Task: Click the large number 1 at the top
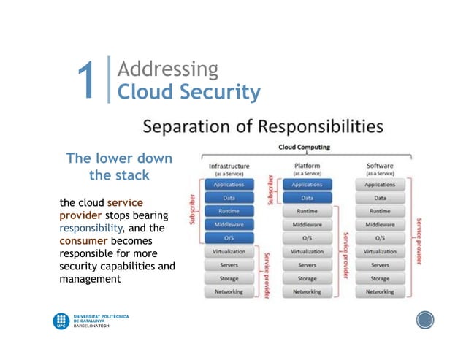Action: pos(87,81)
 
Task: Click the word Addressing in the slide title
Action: pos(167,69)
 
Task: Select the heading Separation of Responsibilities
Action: pos(263,126)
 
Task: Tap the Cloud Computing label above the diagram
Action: pos(304,147)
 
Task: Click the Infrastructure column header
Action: pos(229,166)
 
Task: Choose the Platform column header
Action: pos(307,166)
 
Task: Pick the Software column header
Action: pos(380,166)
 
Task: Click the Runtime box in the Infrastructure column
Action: pos(229,211)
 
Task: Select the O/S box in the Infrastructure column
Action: pos(229,238)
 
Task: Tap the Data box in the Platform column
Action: pos(307,198)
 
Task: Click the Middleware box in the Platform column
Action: pos(307,224)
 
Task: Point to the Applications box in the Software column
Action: pos(380,185)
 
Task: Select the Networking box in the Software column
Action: pos(380,291)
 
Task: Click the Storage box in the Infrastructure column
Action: pos(229,278)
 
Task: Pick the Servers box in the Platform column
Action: pos(307,265)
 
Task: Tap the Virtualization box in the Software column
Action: pos(380,251)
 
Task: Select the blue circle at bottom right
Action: pos(425,320)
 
